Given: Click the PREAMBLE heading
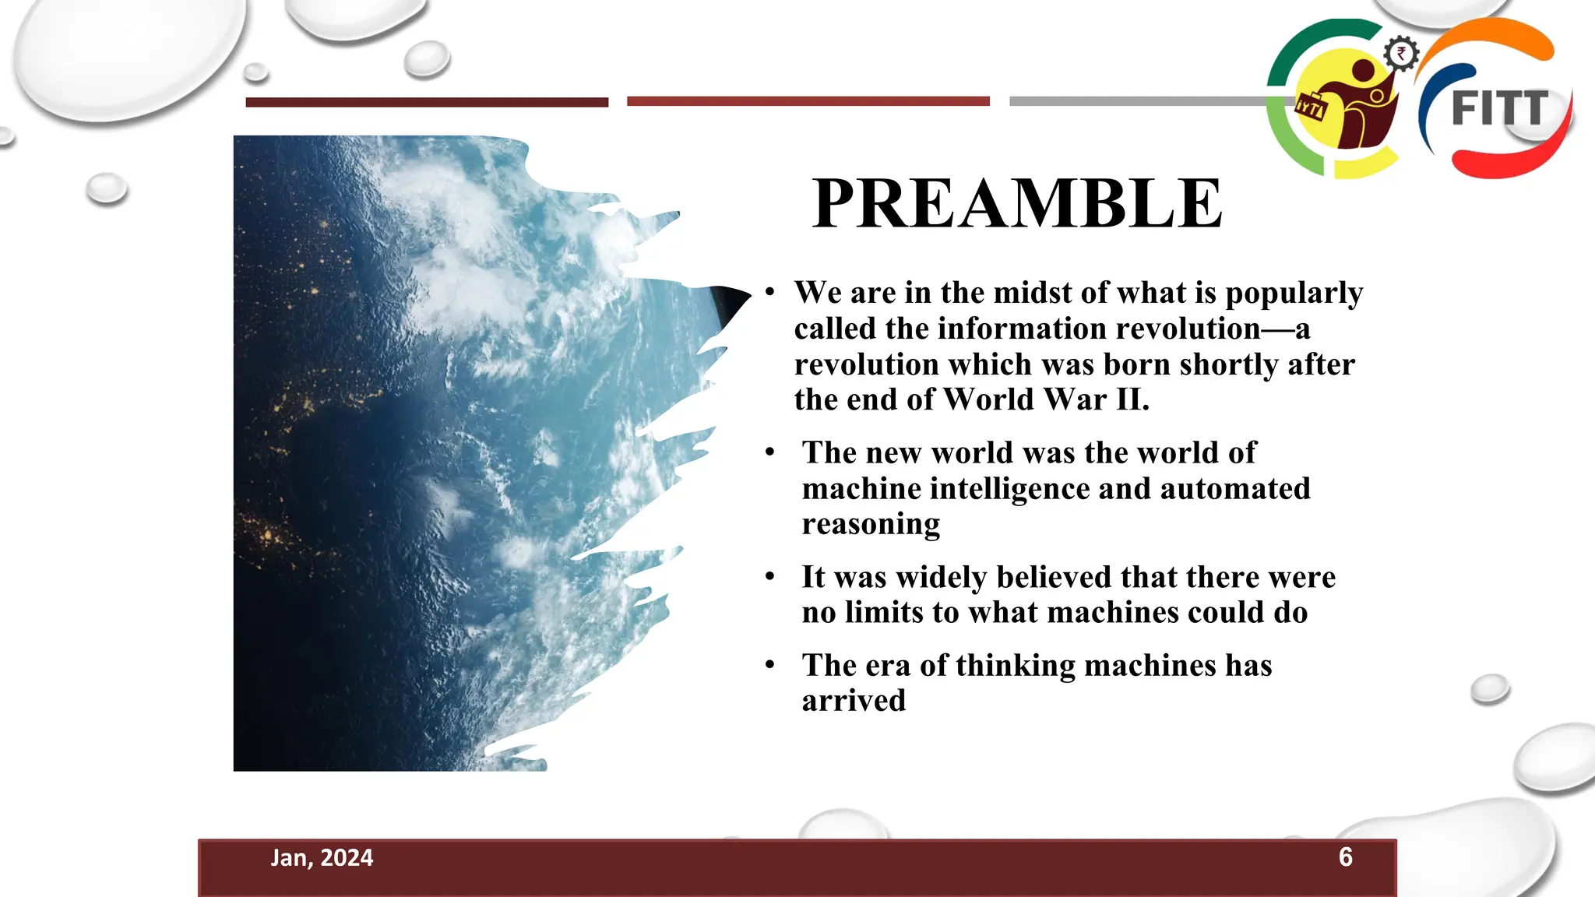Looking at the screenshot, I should point(1016,204).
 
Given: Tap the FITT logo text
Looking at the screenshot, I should point(1500,109).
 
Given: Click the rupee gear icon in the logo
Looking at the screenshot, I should point(1401,54).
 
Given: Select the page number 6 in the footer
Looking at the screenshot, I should point(1345,857).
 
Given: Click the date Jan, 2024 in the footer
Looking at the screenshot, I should point(322,858).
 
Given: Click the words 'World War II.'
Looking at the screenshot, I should point(1046,400).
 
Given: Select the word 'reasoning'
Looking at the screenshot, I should point(871,525).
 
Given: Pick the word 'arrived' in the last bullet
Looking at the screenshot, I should point(854,701).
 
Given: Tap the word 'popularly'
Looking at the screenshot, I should point(1294,294).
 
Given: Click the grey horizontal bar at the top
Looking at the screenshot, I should point(1137,101).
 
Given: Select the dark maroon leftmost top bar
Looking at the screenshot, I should point(427,102).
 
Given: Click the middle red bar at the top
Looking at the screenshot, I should point(808,101).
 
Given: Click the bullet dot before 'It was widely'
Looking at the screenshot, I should point(769,577).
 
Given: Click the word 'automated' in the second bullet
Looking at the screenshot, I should point(1235,489).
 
